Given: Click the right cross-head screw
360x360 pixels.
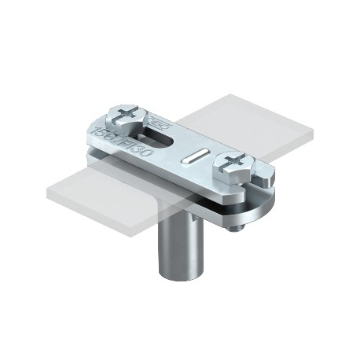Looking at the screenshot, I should (235, 165).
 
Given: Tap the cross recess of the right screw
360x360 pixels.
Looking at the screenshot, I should (235, 163).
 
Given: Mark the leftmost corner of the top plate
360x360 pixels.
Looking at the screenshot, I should (86, 134).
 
